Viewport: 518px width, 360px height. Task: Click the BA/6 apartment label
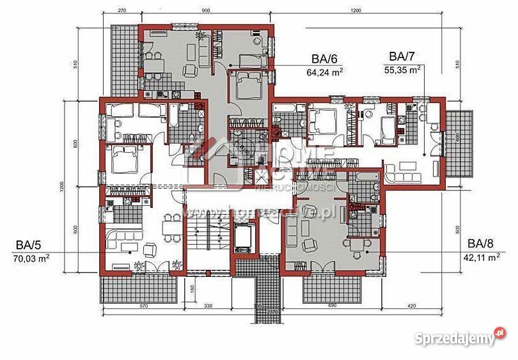click(x=325, y=59)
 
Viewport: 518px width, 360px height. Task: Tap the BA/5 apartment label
click(x=30, y=244)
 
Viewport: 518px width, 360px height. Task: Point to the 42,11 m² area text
click(x=481, y=258)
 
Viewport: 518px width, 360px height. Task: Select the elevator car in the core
click(x=244, y=237)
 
